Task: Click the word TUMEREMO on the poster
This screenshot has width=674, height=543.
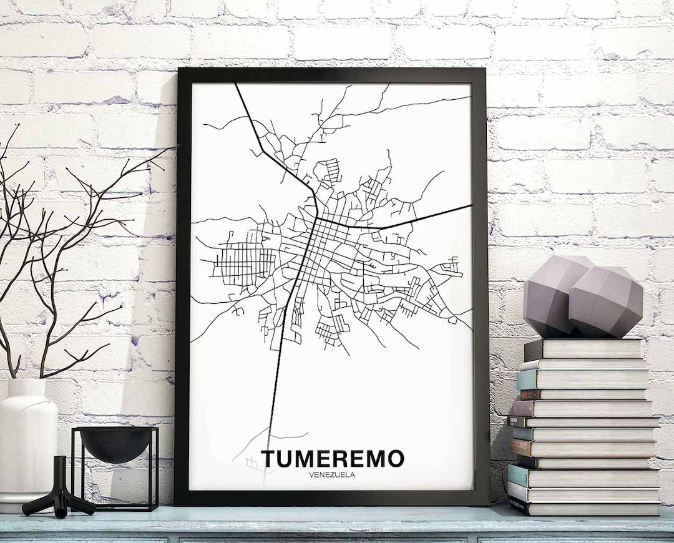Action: [x=333, y=458]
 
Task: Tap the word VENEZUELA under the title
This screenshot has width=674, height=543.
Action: [x=333, y=474]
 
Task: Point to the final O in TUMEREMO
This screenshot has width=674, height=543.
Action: [x=394, y=458]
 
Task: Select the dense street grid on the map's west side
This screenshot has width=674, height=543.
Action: [x=240, y=259]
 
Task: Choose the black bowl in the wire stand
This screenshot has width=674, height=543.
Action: [x=115, y=443]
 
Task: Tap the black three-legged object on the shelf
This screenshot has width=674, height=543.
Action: [x=59, y=490]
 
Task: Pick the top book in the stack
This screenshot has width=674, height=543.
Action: [x=584, y=349]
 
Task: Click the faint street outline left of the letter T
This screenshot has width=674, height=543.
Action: [x=250, y=462]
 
